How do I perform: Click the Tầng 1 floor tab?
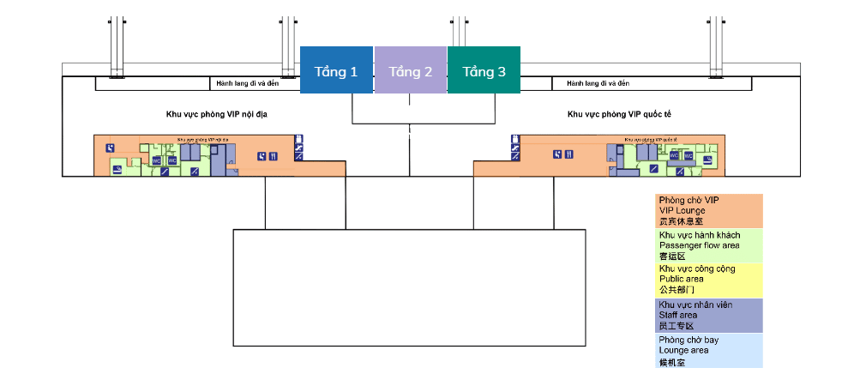pos(336,70)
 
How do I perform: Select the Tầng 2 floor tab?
pos(411,70)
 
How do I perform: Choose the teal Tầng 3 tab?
pos(484,70)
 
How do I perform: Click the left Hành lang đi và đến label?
pos(248,83)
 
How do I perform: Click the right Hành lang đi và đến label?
pos(598,83)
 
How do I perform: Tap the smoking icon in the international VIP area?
pos(708,159)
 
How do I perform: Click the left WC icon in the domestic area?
pos(157,160)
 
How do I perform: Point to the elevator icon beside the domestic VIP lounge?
pos(298,138)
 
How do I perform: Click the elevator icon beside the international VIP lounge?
pos(514,138)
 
